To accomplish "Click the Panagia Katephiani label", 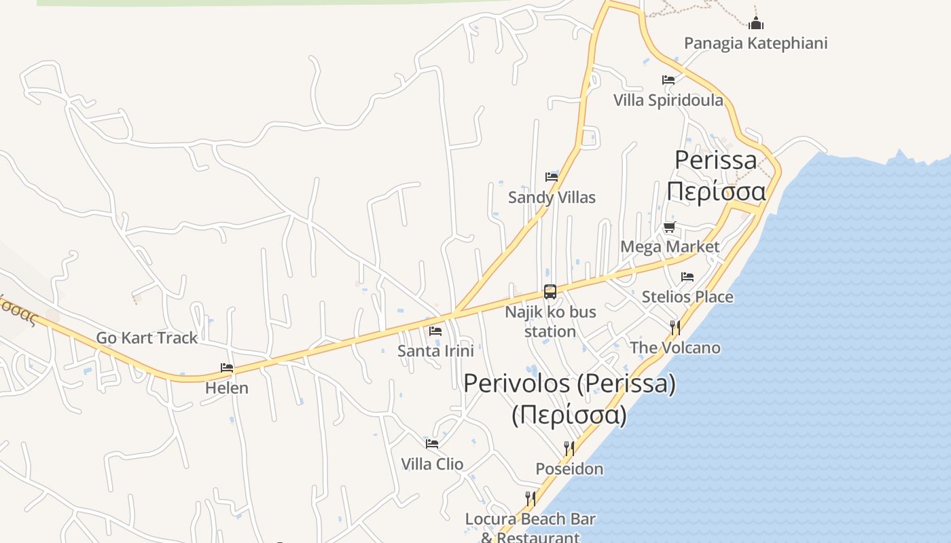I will click(x=755, y=43).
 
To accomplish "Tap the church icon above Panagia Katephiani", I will click(x=755, y=24).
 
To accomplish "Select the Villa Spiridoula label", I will click(x=668, y=100).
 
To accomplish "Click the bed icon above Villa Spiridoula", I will click(x=668, y=80).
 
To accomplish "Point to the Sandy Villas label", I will click(x=552, y=198).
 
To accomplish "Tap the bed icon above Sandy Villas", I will click(x=552, y=177).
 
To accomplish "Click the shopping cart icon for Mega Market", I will click(x=670, y=227).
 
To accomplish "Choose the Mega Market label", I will click(x=670, y=246).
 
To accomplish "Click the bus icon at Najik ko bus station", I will click(x=550, y=292).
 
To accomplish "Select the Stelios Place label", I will click(x=687, y=297).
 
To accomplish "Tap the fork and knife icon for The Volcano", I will click(x=675, y=328).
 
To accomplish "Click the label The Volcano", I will click(x=675, y=348).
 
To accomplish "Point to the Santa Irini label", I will click(x=435, y=351).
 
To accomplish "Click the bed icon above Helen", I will click(x=227, y=368).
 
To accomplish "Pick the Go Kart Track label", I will click(x=147, y=337).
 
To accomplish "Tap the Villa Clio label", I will click(x=432, y=464).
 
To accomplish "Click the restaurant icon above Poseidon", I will click(x=569, y=448).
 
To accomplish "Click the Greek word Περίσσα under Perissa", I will click(x=716, y=191).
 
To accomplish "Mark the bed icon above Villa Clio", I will click(x=432, y=444).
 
